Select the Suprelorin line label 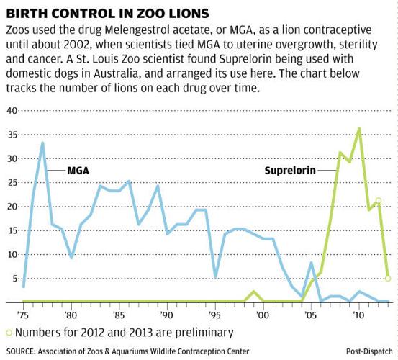295,171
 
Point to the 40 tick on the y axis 12,111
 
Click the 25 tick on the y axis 12,183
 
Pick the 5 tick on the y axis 14,279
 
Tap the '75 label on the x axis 23,315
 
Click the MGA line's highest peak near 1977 42,143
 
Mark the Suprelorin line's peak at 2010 359,128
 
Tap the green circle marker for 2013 388,278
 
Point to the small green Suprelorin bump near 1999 253,292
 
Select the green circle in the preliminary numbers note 9,333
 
